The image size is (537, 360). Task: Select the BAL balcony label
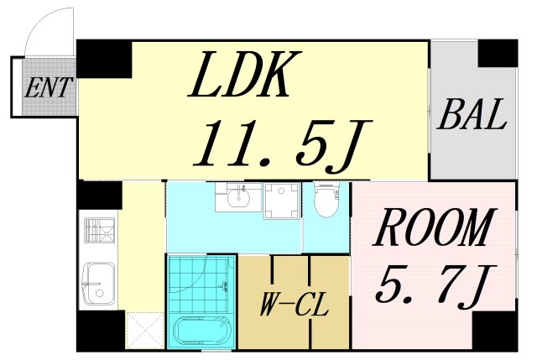pos(472,115)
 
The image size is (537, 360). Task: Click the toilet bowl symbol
pos(326,200)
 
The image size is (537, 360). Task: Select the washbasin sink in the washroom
pos(238,200)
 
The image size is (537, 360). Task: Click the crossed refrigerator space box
pos(143,330)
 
